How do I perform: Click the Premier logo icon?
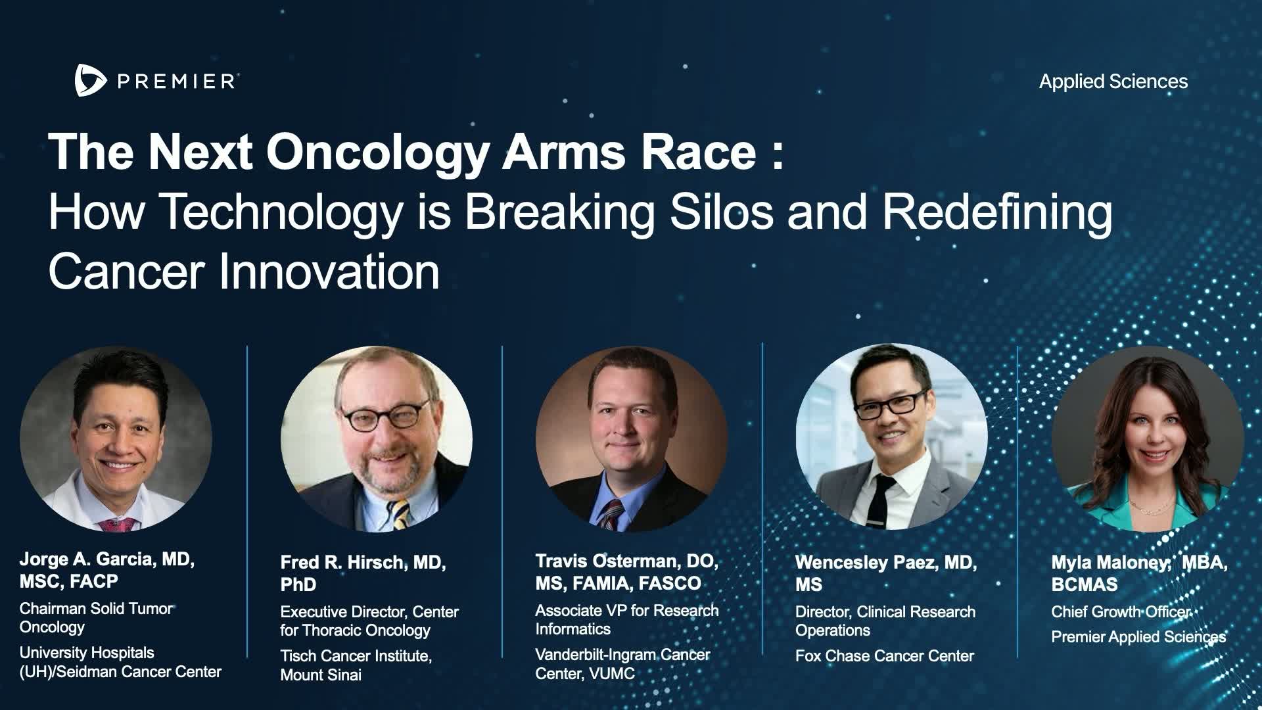click(x=90, y=81)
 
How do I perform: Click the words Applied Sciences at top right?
click(x=1113, y=82)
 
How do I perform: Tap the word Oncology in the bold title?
click(x=378, y=153)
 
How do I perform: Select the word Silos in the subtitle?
click(x=721, y=212)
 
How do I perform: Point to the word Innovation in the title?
click(x=329, y=272)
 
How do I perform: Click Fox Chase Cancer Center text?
click(x=885, y=656)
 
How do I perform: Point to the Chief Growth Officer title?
click(x=1121, y=612)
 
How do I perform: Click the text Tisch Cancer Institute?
click(x=356, y=656)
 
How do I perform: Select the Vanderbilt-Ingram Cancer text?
click(x=622, y=655)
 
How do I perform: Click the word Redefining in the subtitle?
click(x=998, y=212)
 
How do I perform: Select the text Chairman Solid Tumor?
click(x=96, y=609)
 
